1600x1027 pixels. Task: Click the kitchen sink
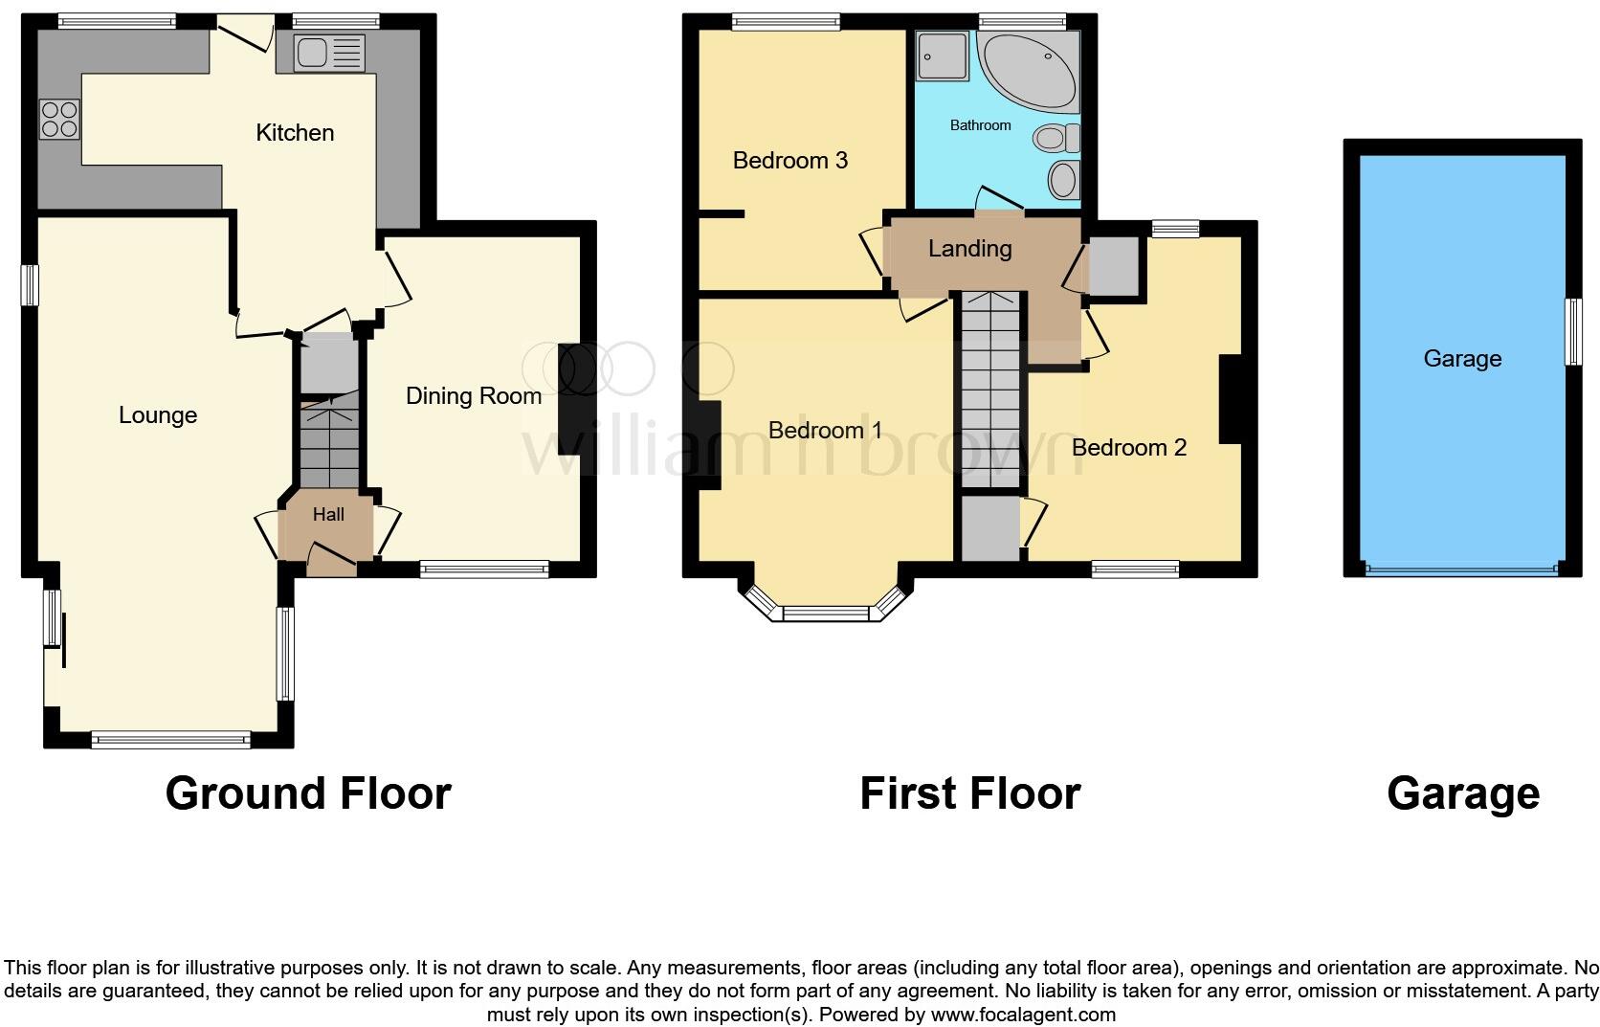click(329, 53)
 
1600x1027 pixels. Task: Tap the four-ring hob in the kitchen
click(59, 121)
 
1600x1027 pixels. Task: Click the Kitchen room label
click(295, 133)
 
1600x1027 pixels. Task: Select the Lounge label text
click(158, 415)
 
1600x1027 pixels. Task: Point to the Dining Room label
click(473, 396)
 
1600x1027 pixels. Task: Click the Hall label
click(328, 515)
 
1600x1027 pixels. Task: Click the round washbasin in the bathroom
click(1063, 179)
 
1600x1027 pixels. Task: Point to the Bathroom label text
click(980, 125)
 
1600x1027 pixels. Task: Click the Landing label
click(969, 249)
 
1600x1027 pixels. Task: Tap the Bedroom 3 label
click(789, 161)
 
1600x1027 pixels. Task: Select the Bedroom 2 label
click(1128, 448)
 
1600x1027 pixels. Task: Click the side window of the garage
click(1572, 331)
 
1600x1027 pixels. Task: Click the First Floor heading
click(969, 793)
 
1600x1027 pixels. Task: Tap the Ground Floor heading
click(307, 793)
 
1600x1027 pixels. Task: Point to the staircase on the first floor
click(992, 392)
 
